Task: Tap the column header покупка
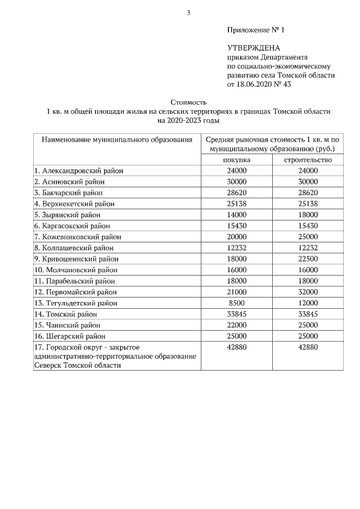(x=237, y=160)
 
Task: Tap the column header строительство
(x=308, y=160)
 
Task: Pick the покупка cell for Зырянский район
(x=237, y=215)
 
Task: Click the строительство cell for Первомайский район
(x=308, y=292)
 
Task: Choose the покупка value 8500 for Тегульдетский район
(x=237, y=303)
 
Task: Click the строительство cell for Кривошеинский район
(x=308, y=259)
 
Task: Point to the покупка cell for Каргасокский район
(x=237, y=226)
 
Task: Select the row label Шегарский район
(x=69, y=336)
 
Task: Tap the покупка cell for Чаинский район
(x=237, y=325)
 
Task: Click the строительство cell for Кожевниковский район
(x=308, y=237)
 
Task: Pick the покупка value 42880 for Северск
(x=237, y=347)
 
